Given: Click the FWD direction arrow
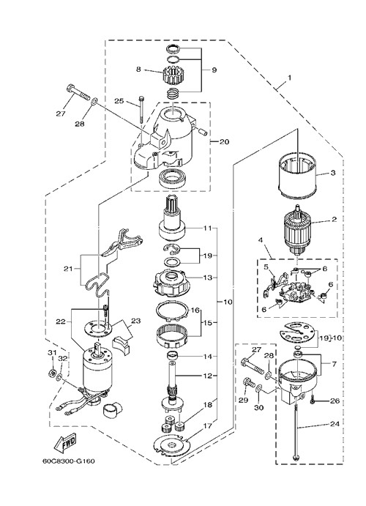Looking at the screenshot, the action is [65, 442].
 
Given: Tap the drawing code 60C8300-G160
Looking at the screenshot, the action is [69, 461].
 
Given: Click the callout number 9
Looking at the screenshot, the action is [214, 70].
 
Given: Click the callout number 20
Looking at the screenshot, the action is [224, 141].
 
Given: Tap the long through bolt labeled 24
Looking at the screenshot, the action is [296, 428].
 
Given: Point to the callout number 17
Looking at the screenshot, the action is [208, 425].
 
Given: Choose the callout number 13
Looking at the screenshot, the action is [208, 278].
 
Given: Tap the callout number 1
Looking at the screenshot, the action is [289, 78].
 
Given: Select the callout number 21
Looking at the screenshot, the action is [68, 268].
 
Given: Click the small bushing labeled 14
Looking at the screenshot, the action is [173, 356].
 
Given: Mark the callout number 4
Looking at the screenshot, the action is [261, 240].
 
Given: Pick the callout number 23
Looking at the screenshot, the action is [136, 321].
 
